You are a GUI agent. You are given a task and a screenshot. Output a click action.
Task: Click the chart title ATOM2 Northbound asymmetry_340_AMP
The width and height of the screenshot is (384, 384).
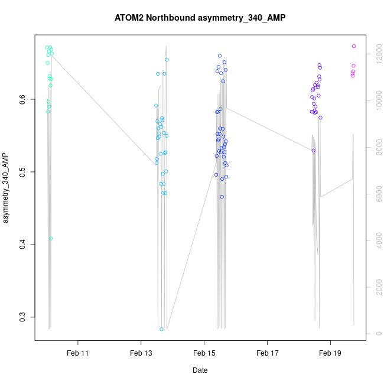pos(200,18)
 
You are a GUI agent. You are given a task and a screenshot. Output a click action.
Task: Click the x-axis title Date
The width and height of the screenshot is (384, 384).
pos(200,370)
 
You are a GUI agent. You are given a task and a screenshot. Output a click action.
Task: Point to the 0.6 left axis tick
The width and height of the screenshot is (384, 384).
pos(23,100)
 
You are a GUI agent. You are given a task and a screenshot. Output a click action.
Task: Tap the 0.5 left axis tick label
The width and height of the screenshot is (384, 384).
pos(23,173)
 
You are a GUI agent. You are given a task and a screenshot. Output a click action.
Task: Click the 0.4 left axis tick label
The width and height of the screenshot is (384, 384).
pos(23,245)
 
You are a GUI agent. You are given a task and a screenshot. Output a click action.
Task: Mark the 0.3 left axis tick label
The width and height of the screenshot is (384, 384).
pos(23,317)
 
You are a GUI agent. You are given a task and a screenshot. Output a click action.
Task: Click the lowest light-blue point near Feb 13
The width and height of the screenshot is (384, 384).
pos(161,329)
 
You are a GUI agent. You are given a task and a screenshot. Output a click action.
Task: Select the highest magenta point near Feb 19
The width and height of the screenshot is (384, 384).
pos(354,46)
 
